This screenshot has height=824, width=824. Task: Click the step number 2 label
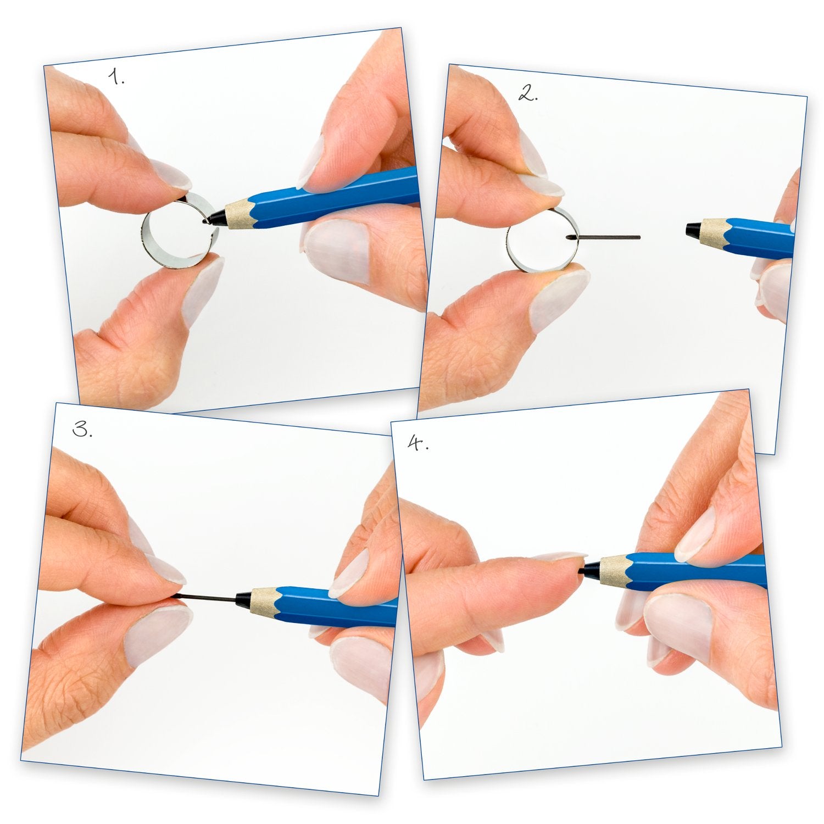pyautogui.click(x=528, y=94)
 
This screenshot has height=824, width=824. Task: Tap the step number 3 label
pyautogui.click(x=82, y=430)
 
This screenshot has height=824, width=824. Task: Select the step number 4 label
pyautogui.click(x=418, y=443)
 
